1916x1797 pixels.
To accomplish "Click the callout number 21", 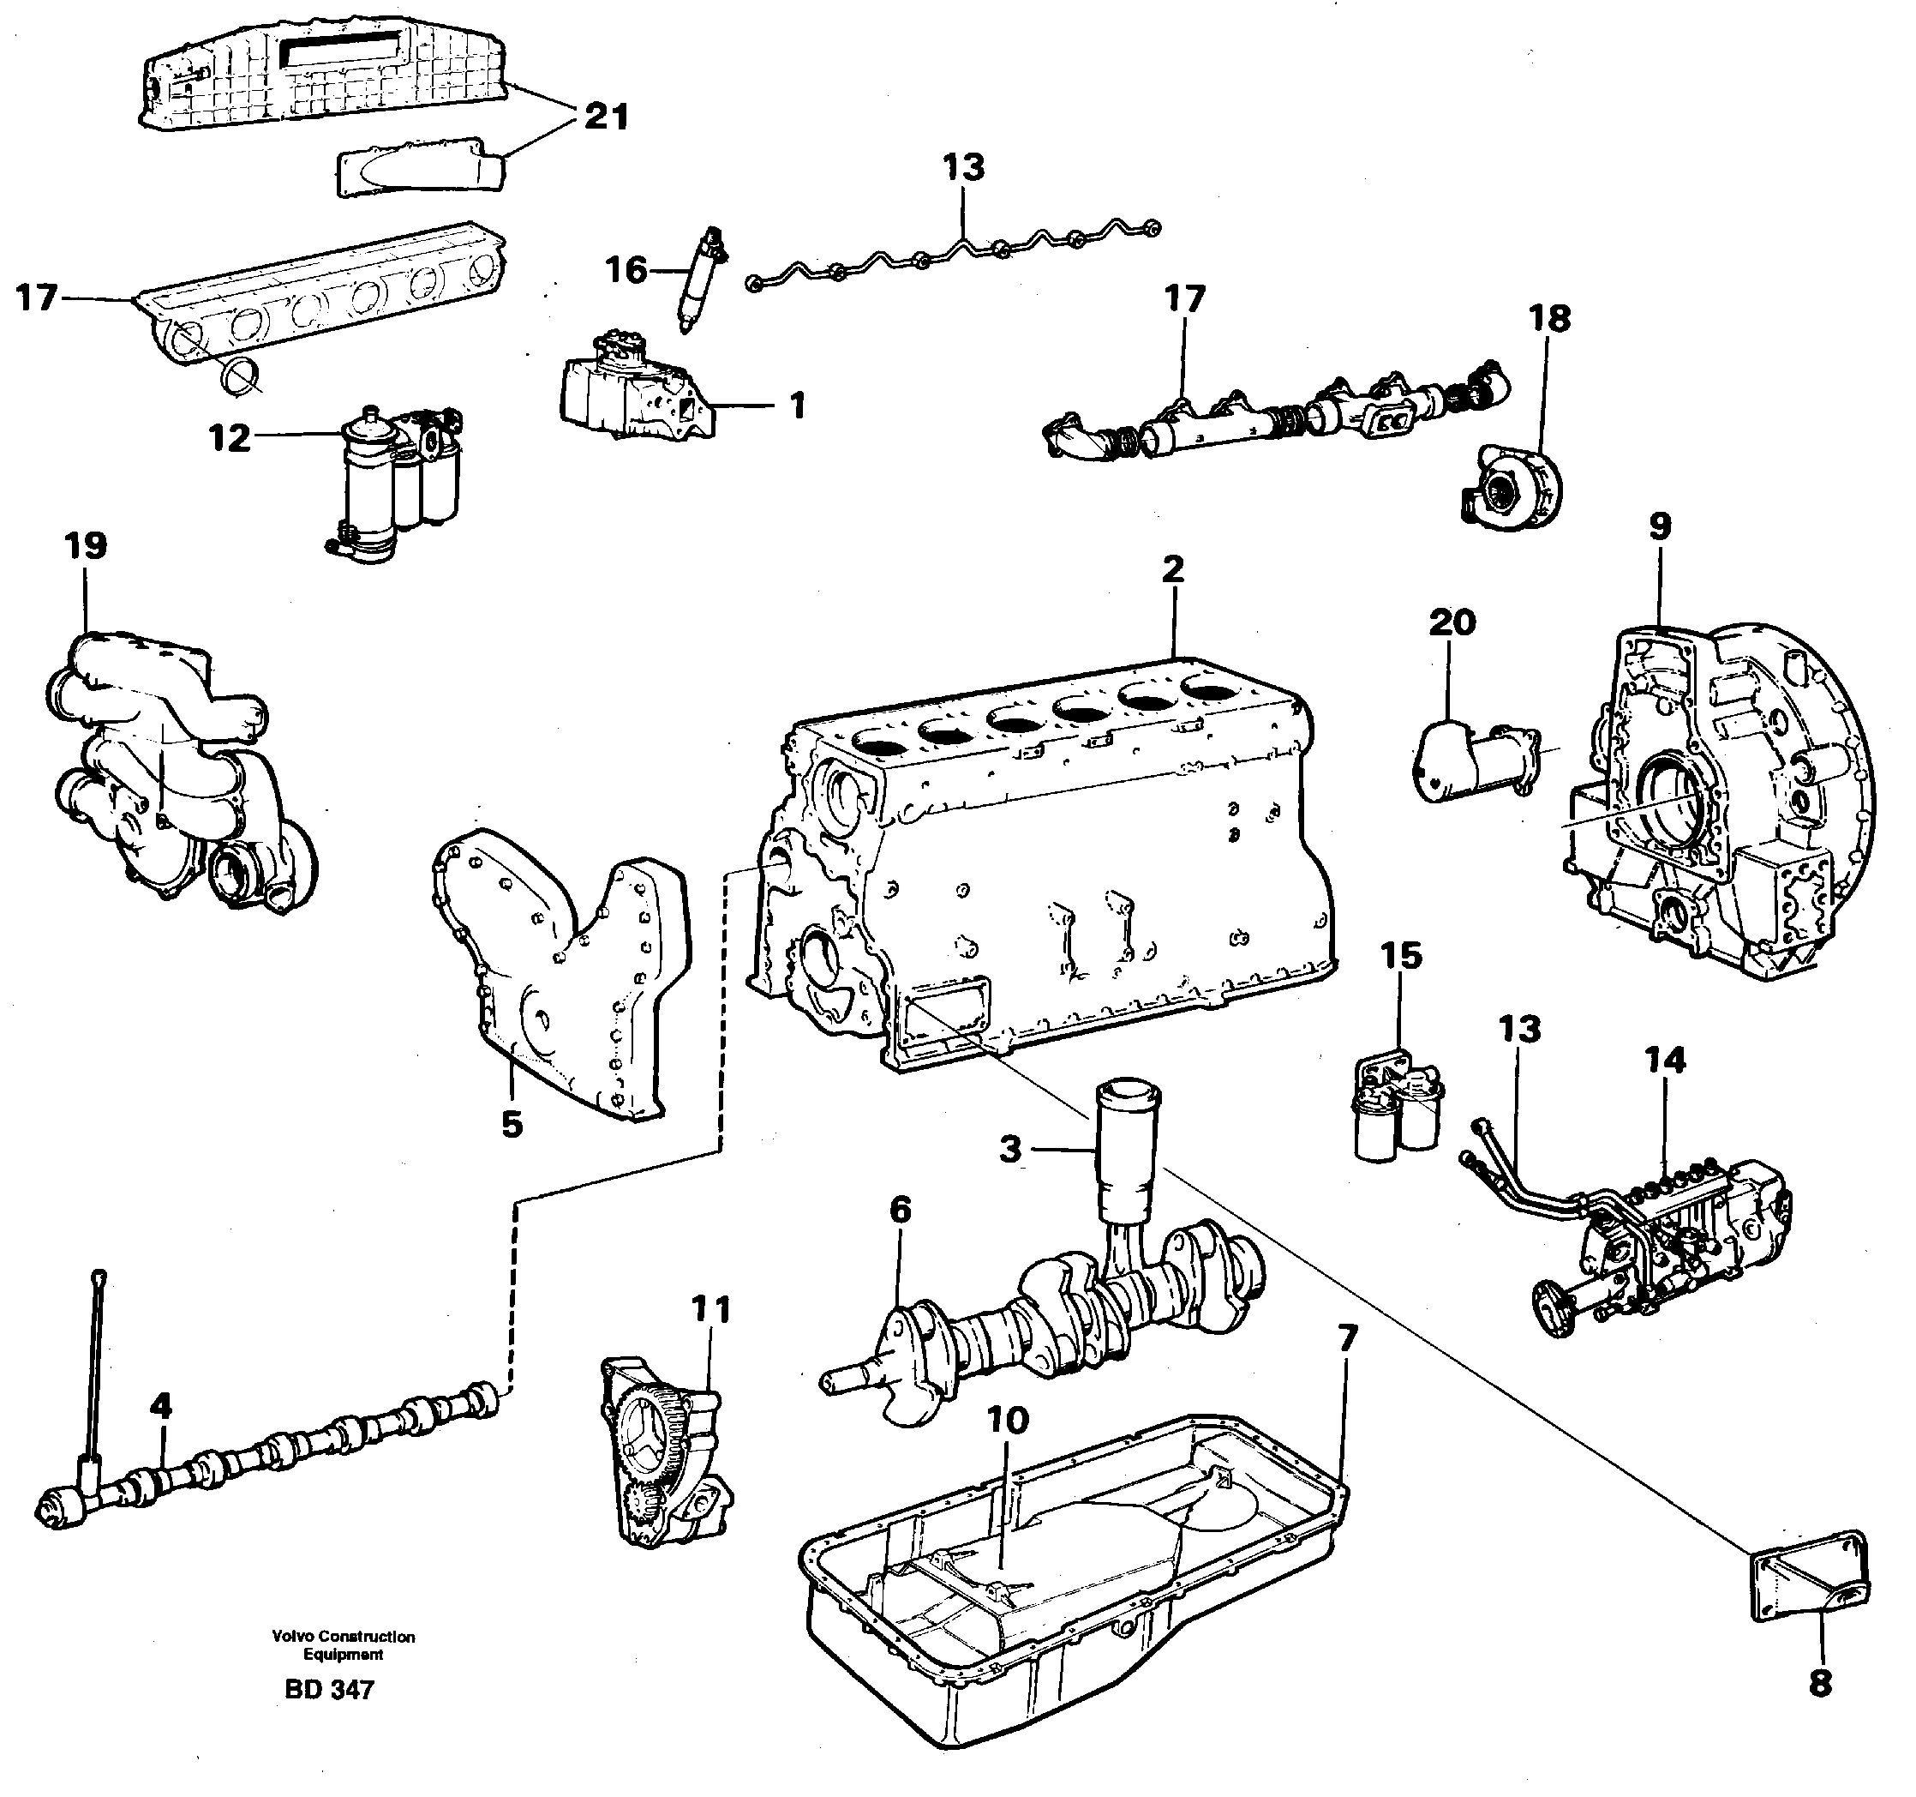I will pos(605,117).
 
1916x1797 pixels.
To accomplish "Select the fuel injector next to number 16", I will pos(701,279).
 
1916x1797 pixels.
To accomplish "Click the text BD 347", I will pos(329,1689).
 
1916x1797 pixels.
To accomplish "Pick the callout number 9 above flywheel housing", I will pos(1660,526).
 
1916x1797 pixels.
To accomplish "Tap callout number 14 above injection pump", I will pos(1666,1061).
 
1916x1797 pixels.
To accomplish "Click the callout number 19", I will pos(85,545).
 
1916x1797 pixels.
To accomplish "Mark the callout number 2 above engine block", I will pos(1172,568).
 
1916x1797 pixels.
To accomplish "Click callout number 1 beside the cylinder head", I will pos(797,406).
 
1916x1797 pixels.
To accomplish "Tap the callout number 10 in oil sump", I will pos(1008,1420).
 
